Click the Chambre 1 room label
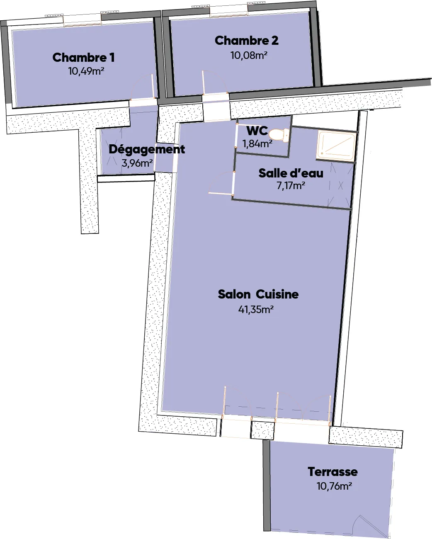(83, 58)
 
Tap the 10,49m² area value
(86, 71)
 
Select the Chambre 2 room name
(246, 41)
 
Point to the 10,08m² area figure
(249, 55)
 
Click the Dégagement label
(147, 150)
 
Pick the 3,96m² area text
(137, 163)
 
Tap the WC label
(257, 131)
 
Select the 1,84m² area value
(257, 144)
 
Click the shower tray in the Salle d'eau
(336, 146)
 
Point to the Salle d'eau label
(291, 173)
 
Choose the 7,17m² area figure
(291, 186)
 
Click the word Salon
(234, 294)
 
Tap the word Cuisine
(277, 294)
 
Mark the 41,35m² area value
(256, 310)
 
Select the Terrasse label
(332, 472)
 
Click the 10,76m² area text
(334, 486)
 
